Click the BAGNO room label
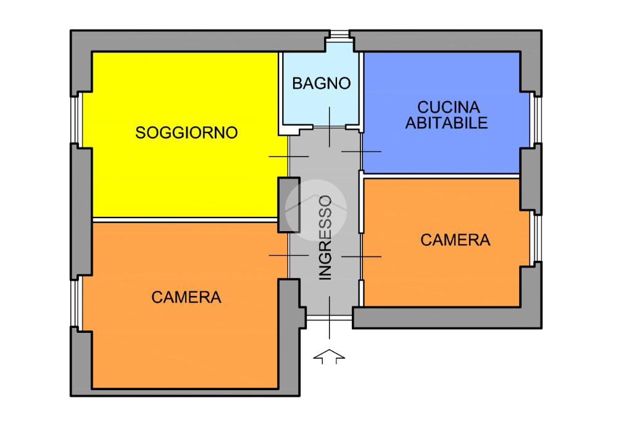[321, 83]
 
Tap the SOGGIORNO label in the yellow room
[186, 133]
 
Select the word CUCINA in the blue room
[448, 107]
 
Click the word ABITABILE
[447, 123]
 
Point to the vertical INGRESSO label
[325, 237]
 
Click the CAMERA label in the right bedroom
[455, 240]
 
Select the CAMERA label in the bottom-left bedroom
[186, 297]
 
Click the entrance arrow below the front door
[330, 356]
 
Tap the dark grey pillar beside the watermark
[289, 205]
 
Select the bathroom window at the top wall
[339, 35]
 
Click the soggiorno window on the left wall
[76, 120]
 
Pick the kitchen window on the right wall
[538, 120]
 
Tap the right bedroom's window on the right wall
[538, 239]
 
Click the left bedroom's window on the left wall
[76, 303]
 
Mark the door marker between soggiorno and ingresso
[289, 156]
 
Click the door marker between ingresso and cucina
[362, 152]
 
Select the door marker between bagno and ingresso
[330, 127]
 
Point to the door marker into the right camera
[362, 256]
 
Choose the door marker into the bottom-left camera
[289, 255]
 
